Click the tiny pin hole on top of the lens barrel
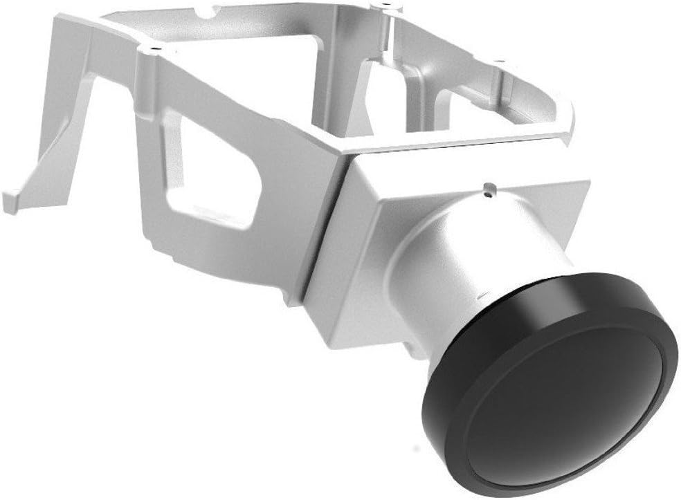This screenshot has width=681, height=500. [x=491, y=187]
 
